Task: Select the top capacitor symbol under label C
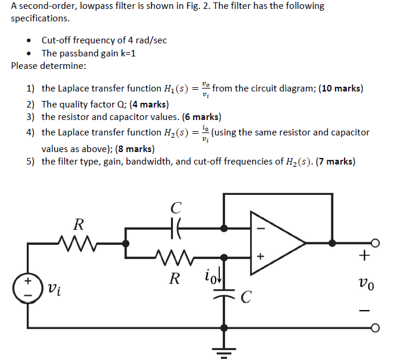175,228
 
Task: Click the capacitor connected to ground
224,295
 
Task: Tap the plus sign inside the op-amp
258,257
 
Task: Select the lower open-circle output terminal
375,328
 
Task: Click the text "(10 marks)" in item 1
340,89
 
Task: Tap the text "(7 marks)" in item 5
336,162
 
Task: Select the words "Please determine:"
49,65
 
